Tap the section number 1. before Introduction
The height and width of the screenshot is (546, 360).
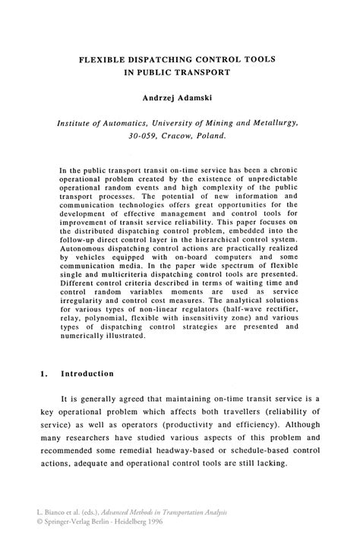point(43,374)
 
